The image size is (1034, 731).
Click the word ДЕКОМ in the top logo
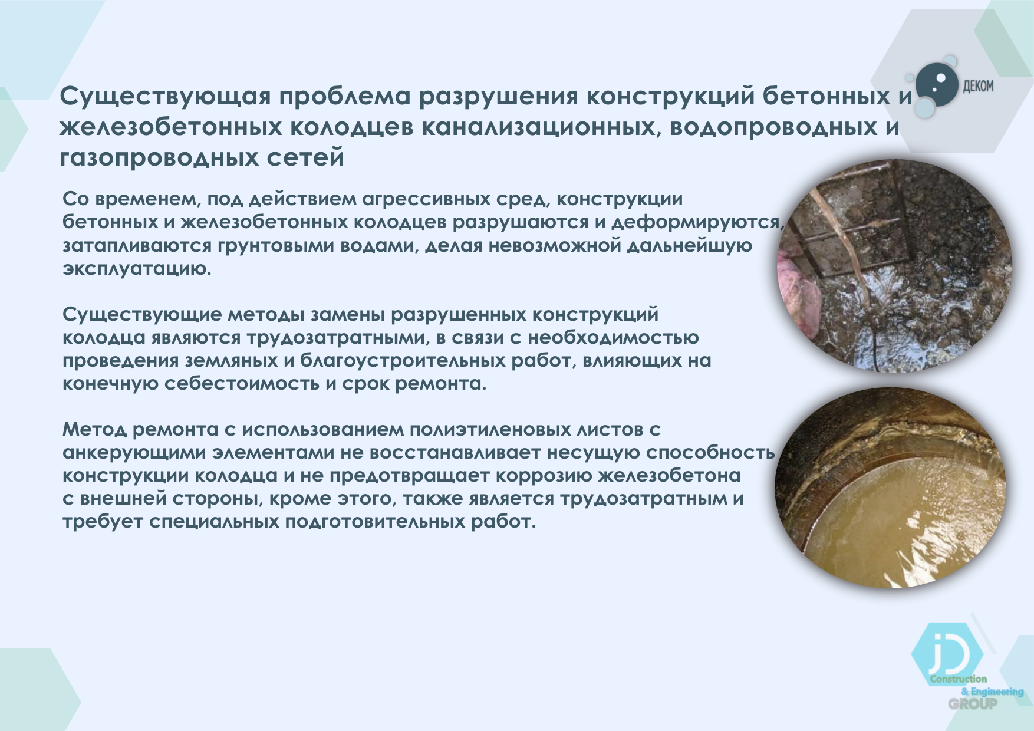click(978, 87)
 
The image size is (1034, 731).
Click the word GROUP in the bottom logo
click(973, 703)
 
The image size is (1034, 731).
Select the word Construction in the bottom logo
click(959, 679)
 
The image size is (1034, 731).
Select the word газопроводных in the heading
click(159, 158)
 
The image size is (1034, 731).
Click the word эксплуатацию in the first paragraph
click(137, 269)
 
